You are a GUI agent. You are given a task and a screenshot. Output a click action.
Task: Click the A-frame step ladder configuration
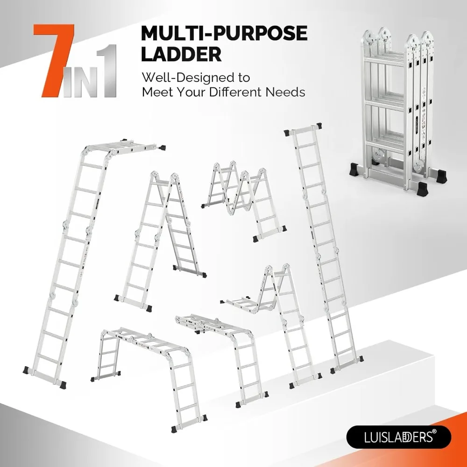click(159, 238)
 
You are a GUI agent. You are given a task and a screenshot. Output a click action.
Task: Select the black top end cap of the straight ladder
click(319, 126)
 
